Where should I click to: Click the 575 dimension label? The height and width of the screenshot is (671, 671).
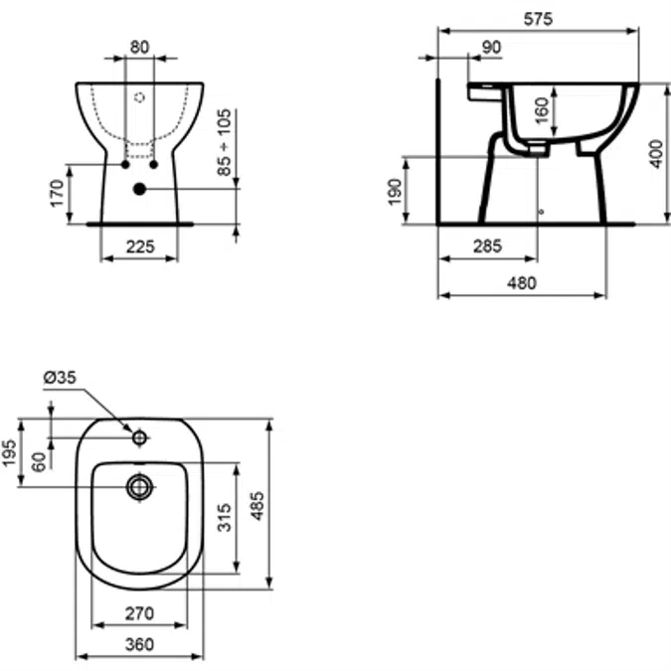tap(538, 19)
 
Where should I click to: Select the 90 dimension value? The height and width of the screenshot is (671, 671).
tap(491, 47)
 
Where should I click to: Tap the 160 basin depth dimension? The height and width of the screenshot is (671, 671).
tap(542, 110)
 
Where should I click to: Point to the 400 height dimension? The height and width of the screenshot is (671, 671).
tap(656, 154)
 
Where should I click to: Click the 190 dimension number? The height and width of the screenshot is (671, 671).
tap(395, 192)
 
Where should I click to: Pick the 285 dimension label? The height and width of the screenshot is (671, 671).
tap(487, 247)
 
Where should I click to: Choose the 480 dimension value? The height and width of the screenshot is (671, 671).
tap(522, 283)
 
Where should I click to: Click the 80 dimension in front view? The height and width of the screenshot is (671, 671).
tap(139, 47)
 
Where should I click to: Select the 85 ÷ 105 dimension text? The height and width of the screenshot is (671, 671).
tap(224, 142)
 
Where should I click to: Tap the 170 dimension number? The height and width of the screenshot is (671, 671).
tap(57, 194)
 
